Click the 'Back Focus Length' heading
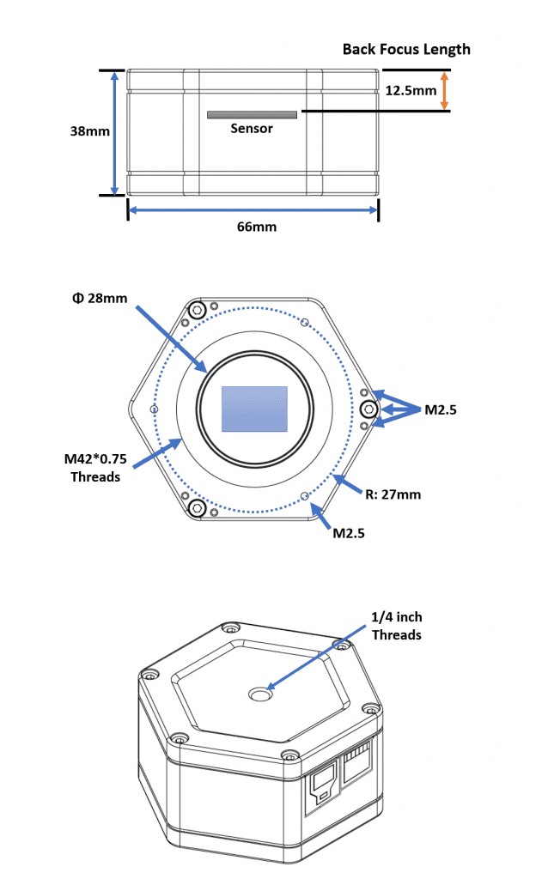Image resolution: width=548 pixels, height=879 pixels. tap(406, 49)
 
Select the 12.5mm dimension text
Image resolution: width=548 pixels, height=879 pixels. tap(411, 89)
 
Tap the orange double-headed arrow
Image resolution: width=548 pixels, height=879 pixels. tap(444, 89)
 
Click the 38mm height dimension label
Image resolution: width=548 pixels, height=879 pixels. tap(89, 131)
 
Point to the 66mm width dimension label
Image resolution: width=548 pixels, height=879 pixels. tap(253, 227)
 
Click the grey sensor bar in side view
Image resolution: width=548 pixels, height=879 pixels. tap(252, 114)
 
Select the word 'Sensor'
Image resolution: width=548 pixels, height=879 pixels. tap(252, 129)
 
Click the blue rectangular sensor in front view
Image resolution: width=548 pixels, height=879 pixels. tap(254, 409)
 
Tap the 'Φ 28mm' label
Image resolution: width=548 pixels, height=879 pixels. tap(101, 299)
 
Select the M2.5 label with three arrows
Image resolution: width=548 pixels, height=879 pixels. tap(441, 410)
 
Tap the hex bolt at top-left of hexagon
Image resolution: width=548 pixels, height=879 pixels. tap(198, 310)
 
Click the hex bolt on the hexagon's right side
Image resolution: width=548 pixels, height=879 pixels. tap(368, 408)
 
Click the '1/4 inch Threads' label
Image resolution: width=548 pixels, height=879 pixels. tap(396, 626)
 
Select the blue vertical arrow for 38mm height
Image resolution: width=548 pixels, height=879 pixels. tap(114, 132)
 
